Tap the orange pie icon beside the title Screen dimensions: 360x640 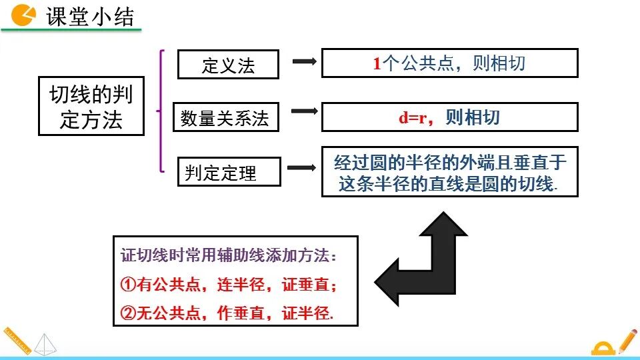pyautogui.click(x=25, y=14)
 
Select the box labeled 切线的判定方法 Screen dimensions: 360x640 pyautogui.click(x=91, y=107)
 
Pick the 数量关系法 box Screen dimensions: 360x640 pyautogui.click(x=225, y=118)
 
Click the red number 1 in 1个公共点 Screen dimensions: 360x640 pyautogui.click(x=377, y=63)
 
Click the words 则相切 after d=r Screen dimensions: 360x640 pyautogui.click(x=473, y=118)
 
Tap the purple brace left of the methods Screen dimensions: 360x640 pyautogui.click(x=160, y=111)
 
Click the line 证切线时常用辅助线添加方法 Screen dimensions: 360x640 pyautogui.click(x=229, y=255)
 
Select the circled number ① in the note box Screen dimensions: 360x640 pyautogui.click(x=128, y=285)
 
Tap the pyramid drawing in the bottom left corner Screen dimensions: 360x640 pyautogui.click(x=44, y=343)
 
